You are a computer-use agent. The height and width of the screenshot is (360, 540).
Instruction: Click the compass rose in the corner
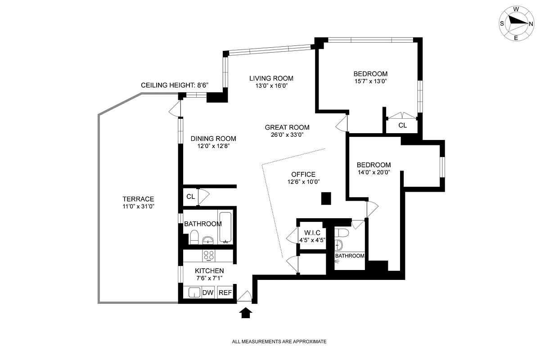click(516, 24)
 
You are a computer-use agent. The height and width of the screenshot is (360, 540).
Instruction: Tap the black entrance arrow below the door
click(245, 313)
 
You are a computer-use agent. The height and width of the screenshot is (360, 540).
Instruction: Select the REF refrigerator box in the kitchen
click(225, 293)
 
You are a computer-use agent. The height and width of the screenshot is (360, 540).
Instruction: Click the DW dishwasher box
click(207, 293)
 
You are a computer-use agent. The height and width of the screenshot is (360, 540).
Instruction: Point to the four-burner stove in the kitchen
click(208, 256)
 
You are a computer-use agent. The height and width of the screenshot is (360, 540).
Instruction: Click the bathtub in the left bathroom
click(225, 227)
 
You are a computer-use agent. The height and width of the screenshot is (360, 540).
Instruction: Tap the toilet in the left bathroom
click(194, 237)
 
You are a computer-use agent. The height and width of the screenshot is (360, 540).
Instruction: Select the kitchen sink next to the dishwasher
click(193, 293)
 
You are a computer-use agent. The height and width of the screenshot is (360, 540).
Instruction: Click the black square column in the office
click(326, 198)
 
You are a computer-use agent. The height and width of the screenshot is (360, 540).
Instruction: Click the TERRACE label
click(138, 199)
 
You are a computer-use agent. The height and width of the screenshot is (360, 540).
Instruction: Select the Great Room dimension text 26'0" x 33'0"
click(287, 135)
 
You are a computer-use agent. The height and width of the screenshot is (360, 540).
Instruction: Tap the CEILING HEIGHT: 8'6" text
click(175, 85)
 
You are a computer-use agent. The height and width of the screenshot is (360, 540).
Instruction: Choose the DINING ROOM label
click(213, 139)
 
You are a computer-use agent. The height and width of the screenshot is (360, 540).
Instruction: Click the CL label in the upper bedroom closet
click(402, 126)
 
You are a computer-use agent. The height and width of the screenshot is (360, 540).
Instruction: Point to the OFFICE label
click(303, 175)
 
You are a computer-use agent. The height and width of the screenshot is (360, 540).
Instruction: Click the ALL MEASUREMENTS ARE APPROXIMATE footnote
click(279, 342)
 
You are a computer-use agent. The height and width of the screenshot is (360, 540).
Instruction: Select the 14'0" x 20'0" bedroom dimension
click(373, 172)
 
